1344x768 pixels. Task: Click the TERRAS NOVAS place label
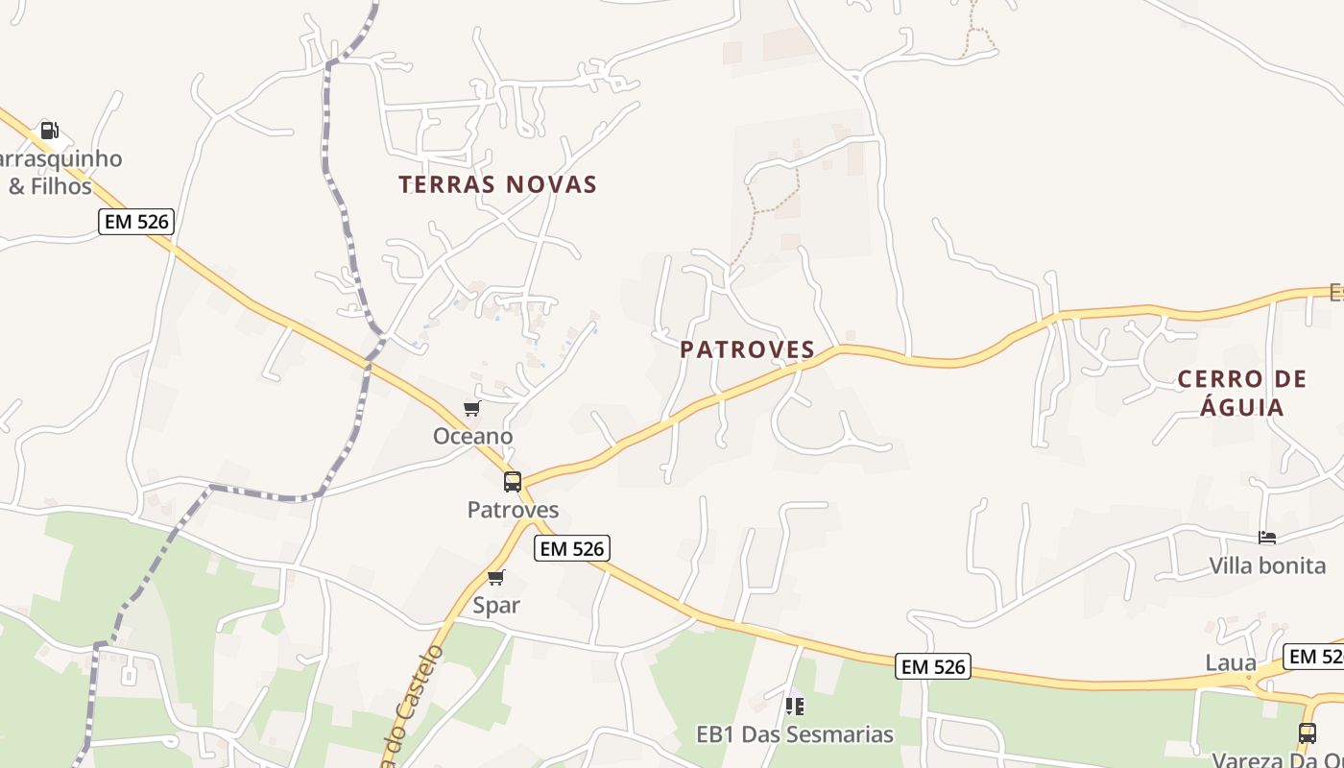(497, 184)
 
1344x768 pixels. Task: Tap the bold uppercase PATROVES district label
(747, 349)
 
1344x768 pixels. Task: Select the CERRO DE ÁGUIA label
(1242, 393)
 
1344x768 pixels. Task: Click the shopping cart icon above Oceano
(471, 409)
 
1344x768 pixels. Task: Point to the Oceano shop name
(472, 436)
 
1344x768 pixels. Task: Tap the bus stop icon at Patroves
(513, 482)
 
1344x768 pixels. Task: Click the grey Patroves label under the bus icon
(513, 510)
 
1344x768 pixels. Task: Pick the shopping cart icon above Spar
(495, 577)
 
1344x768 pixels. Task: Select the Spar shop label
(496, 605)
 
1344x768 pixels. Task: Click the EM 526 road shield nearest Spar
(572, 548)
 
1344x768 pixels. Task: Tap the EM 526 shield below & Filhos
(135, 222)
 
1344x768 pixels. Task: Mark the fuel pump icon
(49, 131)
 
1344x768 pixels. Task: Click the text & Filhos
(50, 185)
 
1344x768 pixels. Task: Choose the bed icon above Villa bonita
(1267, 538)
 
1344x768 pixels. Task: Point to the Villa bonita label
(1267, 565)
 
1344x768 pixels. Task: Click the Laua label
(1231, 662)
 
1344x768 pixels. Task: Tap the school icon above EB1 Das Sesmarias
(794, 707)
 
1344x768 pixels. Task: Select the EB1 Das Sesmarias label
(794, 734)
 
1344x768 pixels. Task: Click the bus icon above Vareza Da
(1308, 733)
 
